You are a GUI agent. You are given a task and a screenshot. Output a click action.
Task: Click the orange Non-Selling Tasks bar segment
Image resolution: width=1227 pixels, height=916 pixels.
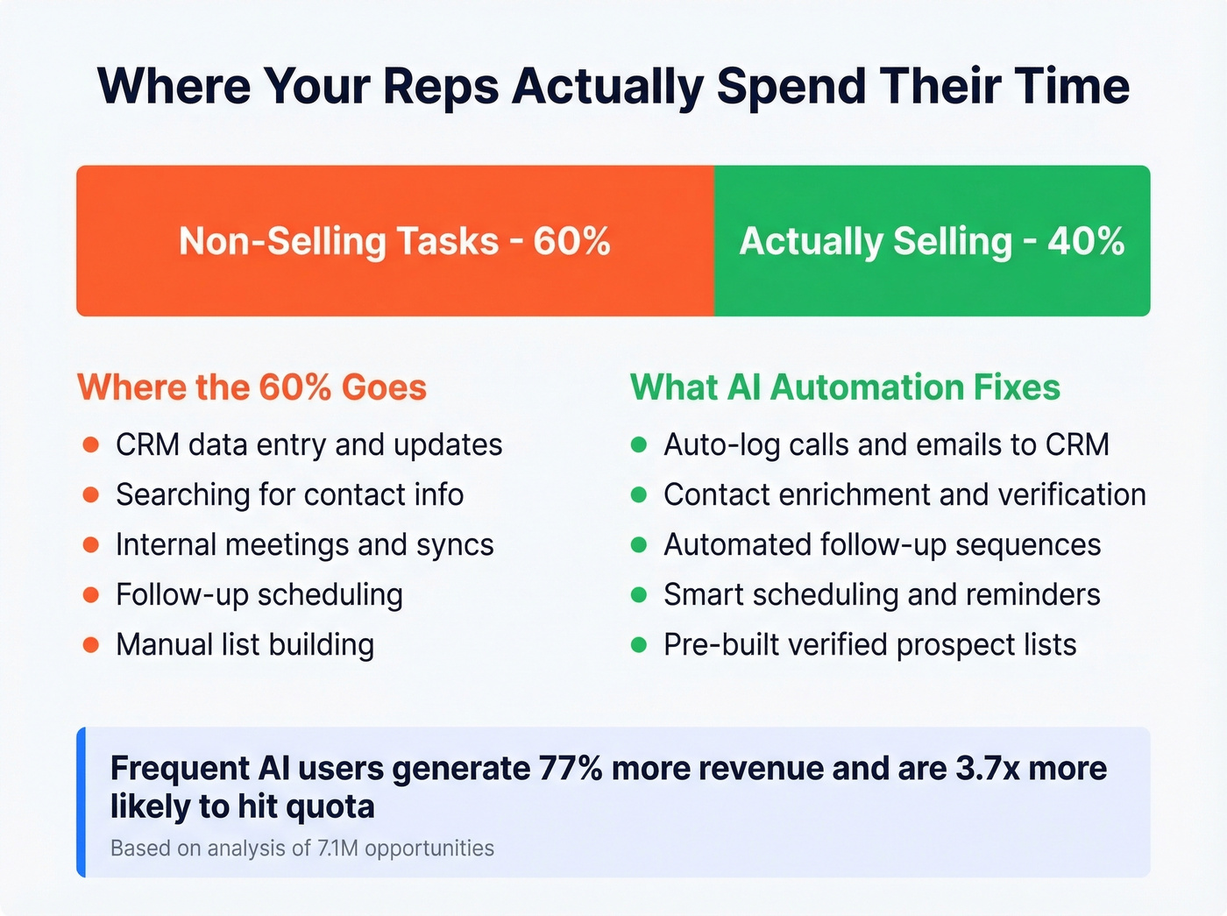[394, 241]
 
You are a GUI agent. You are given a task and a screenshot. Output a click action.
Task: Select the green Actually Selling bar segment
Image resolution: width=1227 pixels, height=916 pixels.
[932, 241]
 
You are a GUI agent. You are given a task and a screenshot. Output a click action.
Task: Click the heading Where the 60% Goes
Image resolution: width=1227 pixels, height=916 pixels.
[252, 387]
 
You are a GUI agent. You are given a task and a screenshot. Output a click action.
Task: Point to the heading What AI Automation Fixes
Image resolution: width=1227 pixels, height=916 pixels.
[845, 387]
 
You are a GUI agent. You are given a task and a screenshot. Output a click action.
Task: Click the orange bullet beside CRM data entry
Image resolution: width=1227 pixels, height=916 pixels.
[90, 444]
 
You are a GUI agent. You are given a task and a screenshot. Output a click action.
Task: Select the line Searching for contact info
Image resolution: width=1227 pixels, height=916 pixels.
[289, 494]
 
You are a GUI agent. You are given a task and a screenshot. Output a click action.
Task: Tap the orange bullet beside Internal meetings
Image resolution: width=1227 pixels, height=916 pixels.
[90, 544]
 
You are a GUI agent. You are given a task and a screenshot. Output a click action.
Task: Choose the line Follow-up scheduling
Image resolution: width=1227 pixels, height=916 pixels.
[259, 594]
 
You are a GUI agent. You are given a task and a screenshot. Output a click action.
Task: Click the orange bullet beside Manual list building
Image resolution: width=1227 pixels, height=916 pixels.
[90, 645]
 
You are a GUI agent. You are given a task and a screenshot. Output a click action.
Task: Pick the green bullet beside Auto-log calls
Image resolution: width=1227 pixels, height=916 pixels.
[639, 444]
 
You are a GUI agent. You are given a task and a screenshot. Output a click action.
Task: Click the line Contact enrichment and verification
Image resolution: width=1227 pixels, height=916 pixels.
[904, 494]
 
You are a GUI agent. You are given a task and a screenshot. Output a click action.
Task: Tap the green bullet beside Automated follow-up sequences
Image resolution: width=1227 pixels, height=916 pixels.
[639, 544]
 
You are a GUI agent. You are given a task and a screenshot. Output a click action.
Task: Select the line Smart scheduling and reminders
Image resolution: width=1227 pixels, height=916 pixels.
[882, 594]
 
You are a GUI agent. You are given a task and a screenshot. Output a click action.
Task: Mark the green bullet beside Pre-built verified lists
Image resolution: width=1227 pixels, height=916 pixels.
[639, 645]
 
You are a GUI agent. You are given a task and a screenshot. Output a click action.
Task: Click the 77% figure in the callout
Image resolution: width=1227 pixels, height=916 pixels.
[571, 769]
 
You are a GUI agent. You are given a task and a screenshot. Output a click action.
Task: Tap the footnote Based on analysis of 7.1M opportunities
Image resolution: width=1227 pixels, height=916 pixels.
[302, 849]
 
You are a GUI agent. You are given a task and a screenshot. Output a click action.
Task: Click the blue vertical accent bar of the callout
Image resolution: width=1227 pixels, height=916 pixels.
[81, 802]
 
